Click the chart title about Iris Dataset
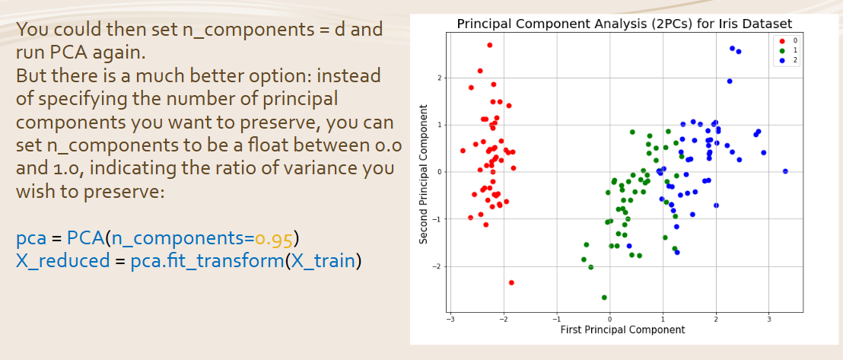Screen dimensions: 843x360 click(x=624, y=24)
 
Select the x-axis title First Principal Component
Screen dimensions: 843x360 click(x=622, y=330)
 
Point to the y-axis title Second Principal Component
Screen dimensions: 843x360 click(x=425, y=174)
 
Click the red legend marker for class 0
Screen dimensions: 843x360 click(x=782, y=40)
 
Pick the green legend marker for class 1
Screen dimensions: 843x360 click(x=782, y=50)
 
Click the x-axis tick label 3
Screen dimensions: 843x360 click(x=768, y=319)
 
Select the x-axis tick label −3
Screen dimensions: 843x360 click(x=450, y=319)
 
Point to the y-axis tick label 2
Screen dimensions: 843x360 click(x=439, y=78)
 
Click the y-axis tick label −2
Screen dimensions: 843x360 click(x=437, y=266)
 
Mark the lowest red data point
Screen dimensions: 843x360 click(x=511, y=282)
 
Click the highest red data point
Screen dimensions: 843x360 click(x=490, y=45)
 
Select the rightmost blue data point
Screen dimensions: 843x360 click(x=785, y=171)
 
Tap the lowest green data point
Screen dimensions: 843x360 click(x=604, y=297)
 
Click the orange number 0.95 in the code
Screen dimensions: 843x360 click(x=274, y=237)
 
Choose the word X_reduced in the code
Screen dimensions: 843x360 click(x=63, y=261)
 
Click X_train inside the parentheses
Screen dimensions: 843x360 click(x=323, y=261)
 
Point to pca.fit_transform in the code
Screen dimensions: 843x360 click(x=207, y=261)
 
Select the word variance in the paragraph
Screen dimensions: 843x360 click(x=294, y=168)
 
